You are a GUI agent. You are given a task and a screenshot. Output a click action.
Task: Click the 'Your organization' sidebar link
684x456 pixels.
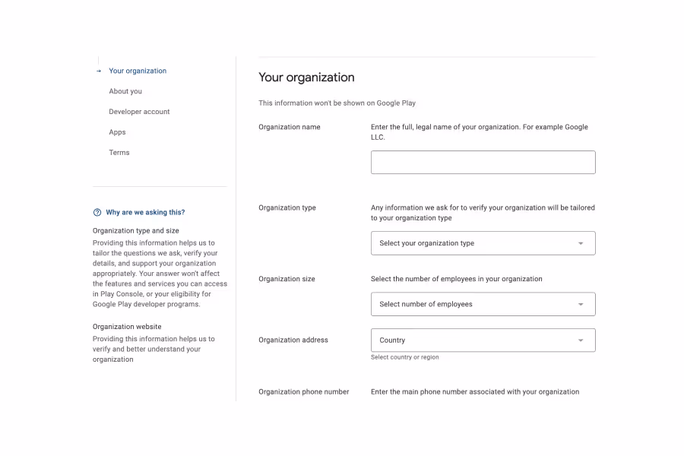click(138, 71)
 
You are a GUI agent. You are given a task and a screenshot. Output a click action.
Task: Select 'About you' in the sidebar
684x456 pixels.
click(125, 91)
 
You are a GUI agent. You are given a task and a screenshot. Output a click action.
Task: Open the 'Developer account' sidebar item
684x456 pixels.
click(139, 112)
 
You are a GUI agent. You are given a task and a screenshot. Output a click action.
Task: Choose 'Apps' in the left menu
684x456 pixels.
click(117, 132)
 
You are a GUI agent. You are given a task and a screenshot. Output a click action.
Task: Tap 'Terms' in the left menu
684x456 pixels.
click(119, 153)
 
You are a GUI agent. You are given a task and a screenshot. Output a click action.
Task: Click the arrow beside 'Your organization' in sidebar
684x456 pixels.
click(99, 71)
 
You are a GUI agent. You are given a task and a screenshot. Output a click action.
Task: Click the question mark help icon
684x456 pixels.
click(97, 213)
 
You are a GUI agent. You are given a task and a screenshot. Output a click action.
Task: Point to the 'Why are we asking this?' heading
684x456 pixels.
click(145, 213)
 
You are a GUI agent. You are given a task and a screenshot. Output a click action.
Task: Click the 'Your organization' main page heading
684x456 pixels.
click(306, 78)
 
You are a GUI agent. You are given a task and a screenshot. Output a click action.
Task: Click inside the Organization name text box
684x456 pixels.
click(483, 162)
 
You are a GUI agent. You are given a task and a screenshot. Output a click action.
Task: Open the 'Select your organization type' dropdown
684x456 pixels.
click(483, 243)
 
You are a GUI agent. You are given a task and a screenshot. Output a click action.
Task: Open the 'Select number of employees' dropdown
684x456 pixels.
click(483, 304)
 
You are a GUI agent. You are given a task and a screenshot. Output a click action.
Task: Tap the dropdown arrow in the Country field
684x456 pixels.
click(581, 340)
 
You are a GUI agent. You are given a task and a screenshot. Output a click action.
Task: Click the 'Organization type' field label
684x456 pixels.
click(287, 207)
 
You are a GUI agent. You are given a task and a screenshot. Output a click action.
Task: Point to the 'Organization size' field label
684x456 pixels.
click(287, 279)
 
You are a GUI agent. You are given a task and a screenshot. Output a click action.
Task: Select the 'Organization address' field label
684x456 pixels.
click(293, 340)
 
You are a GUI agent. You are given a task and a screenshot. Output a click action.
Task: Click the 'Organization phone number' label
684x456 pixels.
click(304, 392)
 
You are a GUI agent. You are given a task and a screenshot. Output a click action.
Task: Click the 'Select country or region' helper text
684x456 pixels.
click(404, 357)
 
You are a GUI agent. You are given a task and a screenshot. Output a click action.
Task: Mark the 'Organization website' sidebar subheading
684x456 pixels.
click(127, 327)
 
